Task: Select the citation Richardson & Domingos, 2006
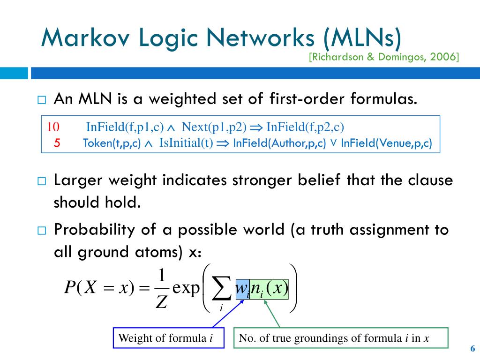click(x=384, y=57)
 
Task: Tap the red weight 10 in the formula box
click(x=53, y=127)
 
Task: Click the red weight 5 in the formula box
click(x=57, y=143)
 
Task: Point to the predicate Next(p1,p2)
click(x=214, y=127)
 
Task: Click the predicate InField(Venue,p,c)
click(x=386, y=143)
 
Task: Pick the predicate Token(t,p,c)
click(x=112, y=143)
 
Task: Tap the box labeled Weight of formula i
click(x=166, y=338)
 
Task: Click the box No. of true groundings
click(x=341, y=338)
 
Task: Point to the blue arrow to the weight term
click(x=227, y=314)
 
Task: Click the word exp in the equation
click(x=186, y=287)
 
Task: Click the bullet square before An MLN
click(x=41, y=100)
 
